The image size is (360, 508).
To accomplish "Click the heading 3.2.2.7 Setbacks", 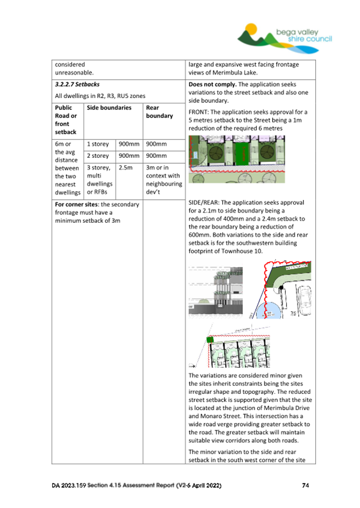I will pyautogui.click(x=77, y=84).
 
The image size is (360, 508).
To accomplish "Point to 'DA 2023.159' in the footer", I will pyautogui.click(x=68, y=486).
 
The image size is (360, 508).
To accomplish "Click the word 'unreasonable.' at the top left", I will pyautogui.click(x=74, y=72).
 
